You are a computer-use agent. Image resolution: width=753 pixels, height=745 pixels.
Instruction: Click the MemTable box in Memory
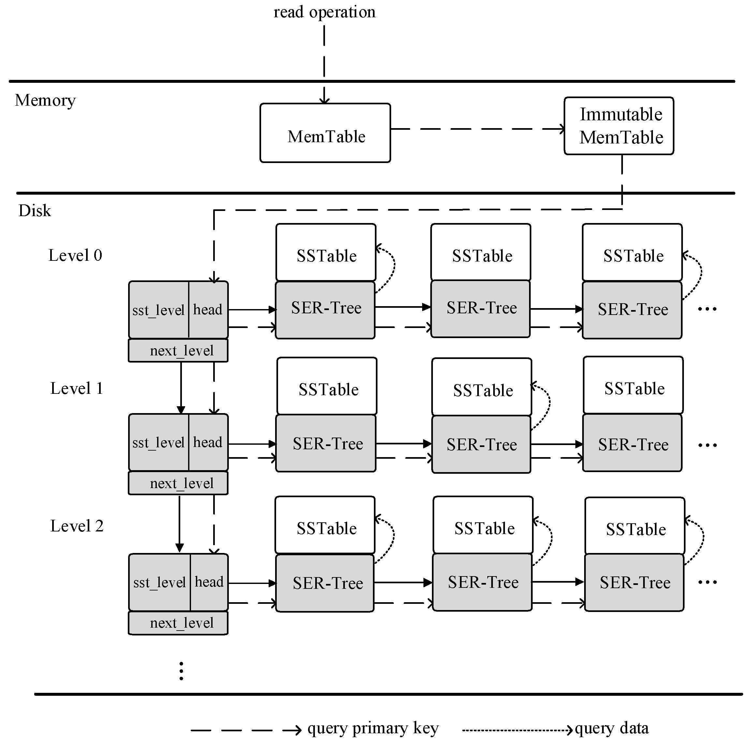325,133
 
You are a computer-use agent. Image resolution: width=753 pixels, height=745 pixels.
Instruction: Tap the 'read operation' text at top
324,12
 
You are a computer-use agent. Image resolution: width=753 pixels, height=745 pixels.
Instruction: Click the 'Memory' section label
45,100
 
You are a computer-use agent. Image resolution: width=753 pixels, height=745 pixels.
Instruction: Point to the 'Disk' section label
35,211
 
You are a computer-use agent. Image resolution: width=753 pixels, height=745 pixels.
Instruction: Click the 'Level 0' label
75,255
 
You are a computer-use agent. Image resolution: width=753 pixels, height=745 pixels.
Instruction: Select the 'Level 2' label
77,526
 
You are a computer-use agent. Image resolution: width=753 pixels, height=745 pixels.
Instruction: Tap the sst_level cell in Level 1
158,443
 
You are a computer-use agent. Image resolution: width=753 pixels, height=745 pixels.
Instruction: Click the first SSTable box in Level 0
326,252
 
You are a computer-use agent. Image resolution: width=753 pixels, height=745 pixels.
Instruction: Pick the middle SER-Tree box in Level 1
481,444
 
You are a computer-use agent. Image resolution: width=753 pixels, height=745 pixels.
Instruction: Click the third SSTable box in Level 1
633,385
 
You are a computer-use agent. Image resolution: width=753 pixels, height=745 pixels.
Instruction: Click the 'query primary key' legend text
373,728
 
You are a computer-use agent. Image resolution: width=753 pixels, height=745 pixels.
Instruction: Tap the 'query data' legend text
612,728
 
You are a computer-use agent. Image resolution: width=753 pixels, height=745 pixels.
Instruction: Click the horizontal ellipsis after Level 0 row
707,309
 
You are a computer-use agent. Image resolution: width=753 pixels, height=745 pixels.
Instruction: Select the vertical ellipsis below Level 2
181,671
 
